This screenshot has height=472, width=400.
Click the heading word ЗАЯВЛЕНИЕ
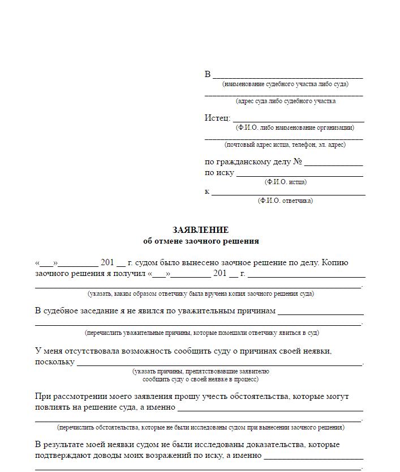(201, 230)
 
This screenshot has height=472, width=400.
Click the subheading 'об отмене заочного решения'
(201, 241)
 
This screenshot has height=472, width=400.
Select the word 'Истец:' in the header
(217, 118)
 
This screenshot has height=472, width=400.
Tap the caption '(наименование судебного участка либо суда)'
(285, 84)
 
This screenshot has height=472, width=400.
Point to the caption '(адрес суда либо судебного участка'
(285, 101)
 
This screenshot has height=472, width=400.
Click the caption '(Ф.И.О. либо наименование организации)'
(295, 127)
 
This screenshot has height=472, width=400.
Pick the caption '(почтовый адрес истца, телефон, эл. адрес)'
(285, 144)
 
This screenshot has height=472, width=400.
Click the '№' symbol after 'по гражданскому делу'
(298, 162)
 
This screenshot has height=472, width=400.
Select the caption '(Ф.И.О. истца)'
(285, 182)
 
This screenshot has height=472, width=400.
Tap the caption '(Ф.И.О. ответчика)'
(285, 201)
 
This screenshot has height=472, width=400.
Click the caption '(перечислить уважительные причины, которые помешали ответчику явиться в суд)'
(201, 333)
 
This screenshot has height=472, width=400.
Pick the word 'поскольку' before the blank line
(54, 362)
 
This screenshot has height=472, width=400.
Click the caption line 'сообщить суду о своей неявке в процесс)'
(200, 379)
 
